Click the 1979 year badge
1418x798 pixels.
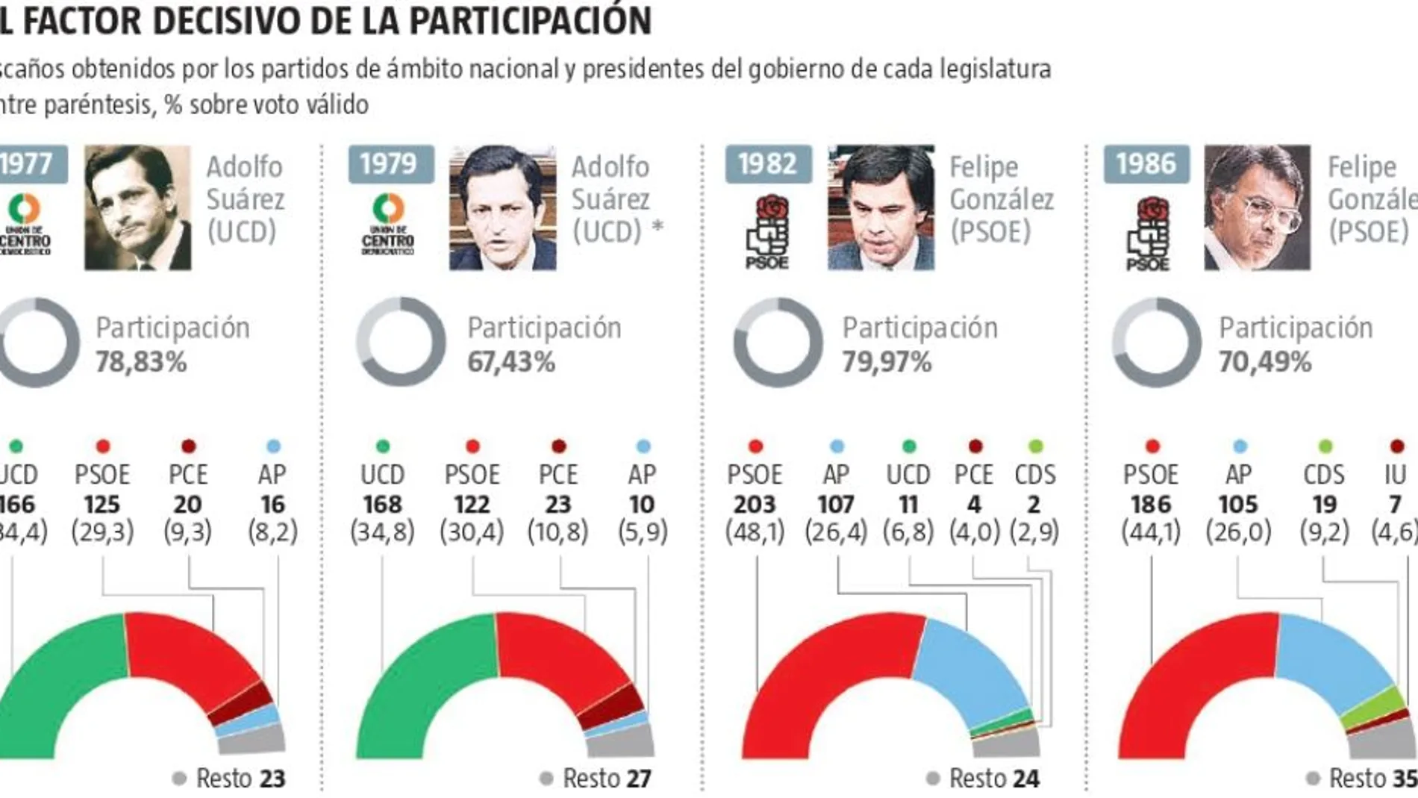coord(390,164)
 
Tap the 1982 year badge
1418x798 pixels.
coord(767,164)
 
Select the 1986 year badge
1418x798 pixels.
coord(1146,164)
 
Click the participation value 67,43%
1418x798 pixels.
coord(511,363)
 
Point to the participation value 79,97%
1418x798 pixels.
coord(887,363)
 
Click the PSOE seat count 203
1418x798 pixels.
coord(755,505)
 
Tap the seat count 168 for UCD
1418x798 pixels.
coord(382,505)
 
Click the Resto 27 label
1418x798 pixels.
coord(596,779)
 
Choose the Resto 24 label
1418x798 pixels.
coord(983,779)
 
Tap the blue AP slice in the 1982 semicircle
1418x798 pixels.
coord(970,672)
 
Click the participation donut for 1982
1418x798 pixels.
coord(778,343)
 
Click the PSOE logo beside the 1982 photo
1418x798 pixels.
coord(767,231)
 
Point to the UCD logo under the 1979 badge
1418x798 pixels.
coord(388,224)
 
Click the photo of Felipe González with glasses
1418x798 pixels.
coord(1257,208)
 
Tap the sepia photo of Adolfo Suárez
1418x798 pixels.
coord(137,208)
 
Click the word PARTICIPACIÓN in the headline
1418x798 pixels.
coord(530,19)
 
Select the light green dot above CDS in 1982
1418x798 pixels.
coord(1035,446)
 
